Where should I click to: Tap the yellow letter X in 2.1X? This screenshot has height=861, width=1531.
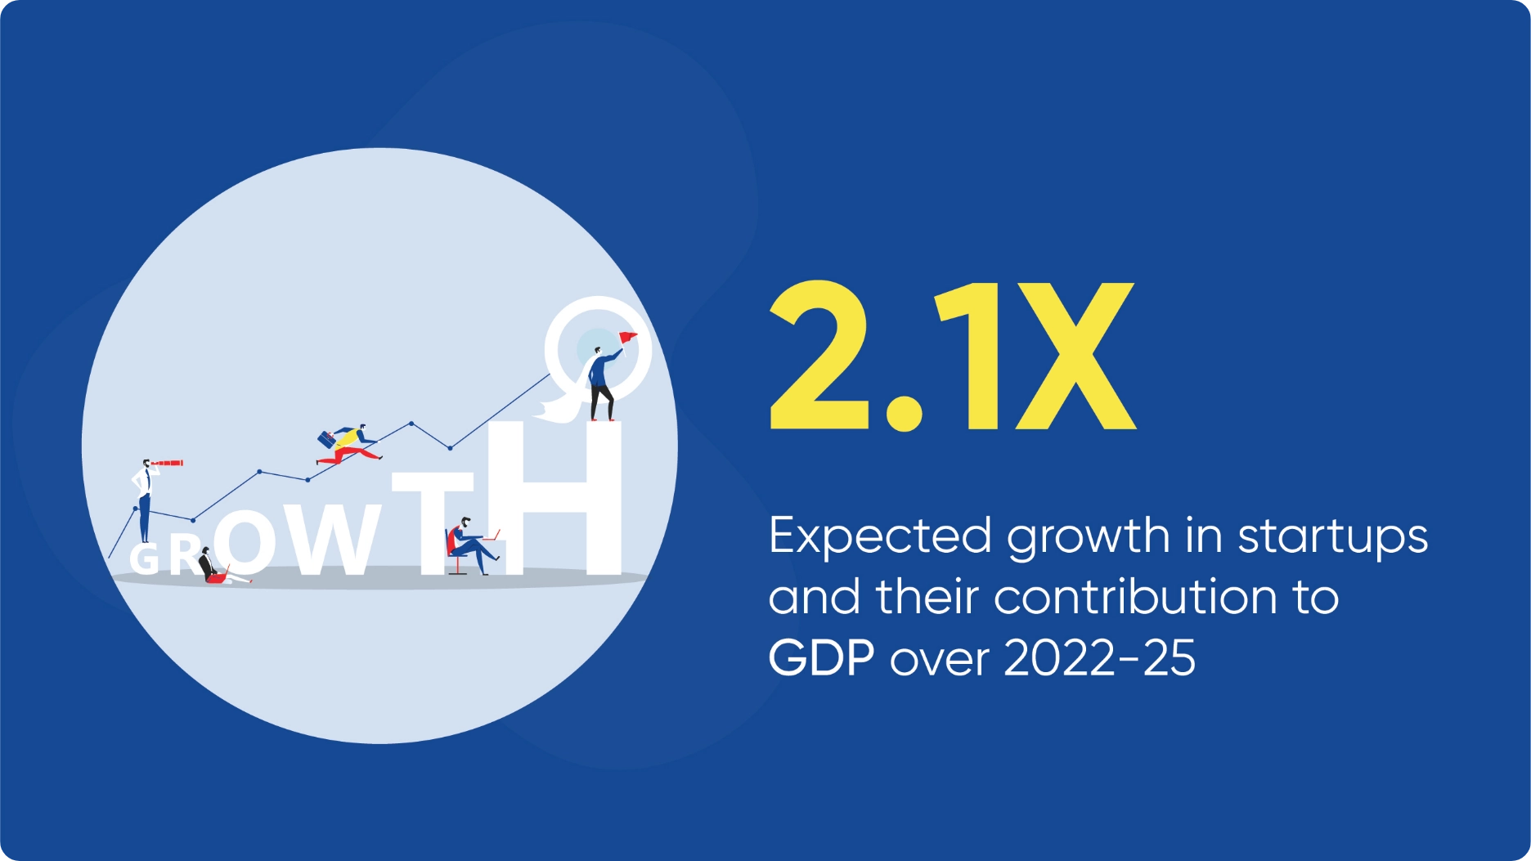click(1075, 356)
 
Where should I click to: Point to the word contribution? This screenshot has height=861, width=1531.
click(1135, 597)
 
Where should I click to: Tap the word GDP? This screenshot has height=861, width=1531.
click(821, 657)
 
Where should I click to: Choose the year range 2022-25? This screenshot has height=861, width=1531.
click(1099, 657)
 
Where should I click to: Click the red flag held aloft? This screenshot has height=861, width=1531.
click(627, 337)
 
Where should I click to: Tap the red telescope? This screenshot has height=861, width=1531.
click(167, 464)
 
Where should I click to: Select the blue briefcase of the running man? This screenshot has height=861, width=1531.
click(326, 439)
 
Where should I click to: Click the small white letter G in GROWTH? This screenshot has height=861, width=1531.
click(144, 558)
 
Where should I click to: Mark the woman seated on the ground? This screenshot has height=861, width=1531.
click(219, 567)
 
